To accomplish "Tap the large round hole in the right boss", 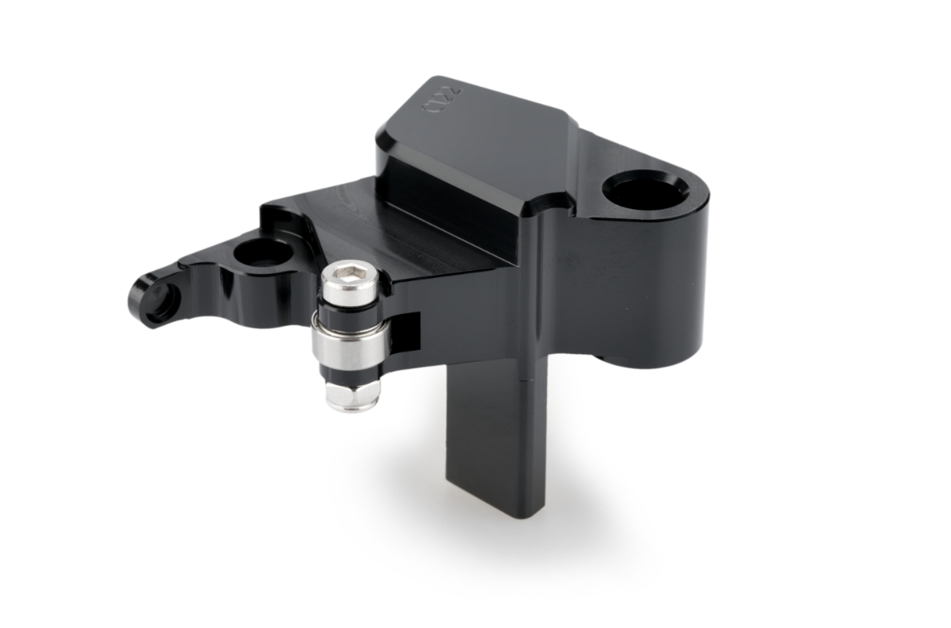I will (644, 190).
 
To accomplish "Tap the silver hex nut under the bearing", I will (352, 395).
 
